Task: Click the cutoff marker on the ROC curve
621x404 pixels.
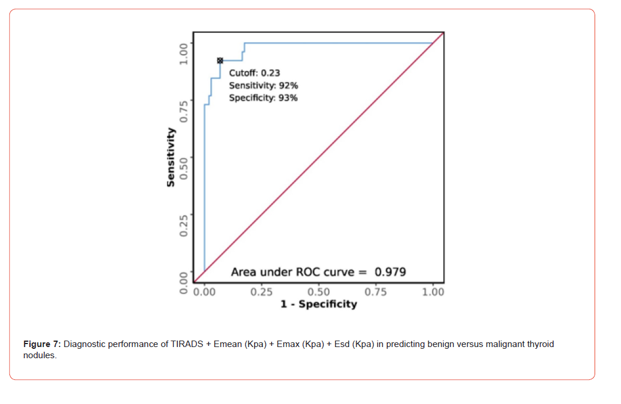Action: (x=220, y=60)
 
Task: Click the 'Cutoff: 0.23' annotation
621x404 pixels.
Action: (x=254, y=73)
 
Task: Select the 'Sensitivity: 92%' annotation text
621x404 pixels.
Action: (x=263, y=86)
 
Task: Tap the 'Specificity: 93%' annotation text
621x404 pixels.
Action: (x=263, y=98)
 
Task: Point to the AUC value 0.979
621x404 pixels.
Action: (x=390, y=272)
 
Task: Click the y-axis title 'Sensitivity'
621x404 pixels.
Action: (x=171, y=157)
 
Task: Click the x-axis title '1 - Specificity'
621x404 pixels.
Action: (x=318, y=304)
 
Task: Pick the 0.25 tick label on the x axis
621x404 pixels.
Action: (x=261, y=292)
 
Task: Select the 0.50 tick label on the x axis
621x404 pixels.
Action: (x=318, y=292)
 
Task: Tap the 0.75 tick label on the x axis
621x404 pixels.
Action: (x=375, y=292)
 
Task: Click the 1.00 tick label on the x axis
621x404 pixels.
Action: (x=433, y=292)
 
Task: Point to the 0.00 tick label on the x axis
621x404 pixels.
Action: (x=204, y=292)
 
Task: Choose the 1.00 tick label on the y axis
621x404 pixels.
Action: (x=184, y=53)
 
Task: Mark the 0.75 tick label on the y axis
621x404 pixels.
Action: (x=184, y=110)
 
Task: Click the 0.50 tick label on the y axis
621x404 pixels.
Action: (x=184, y=168)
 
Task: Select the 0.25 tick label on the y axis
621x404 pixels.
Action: (x=184, y=225)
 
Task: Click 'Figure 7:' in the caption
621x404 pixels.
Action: (x=42, y=344)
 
